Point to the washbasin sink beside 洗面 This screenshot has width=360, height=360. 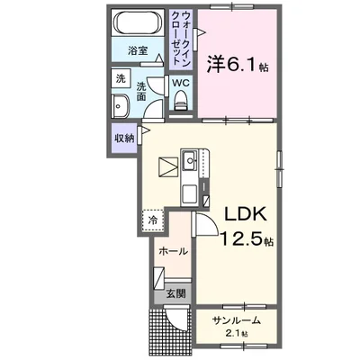point(121,106)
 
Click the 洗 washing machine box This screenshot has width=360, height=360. point(121,79)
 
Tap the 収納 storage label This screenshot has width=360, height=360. point(124,138)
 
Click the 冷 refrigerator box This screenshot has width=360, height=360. point(153,219)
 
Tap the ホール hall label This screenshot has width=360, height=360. point(173,251)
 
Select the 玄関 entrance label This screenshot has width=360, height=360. point(175,293)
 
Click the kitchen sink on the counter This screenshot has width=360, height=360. point(191,165)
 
